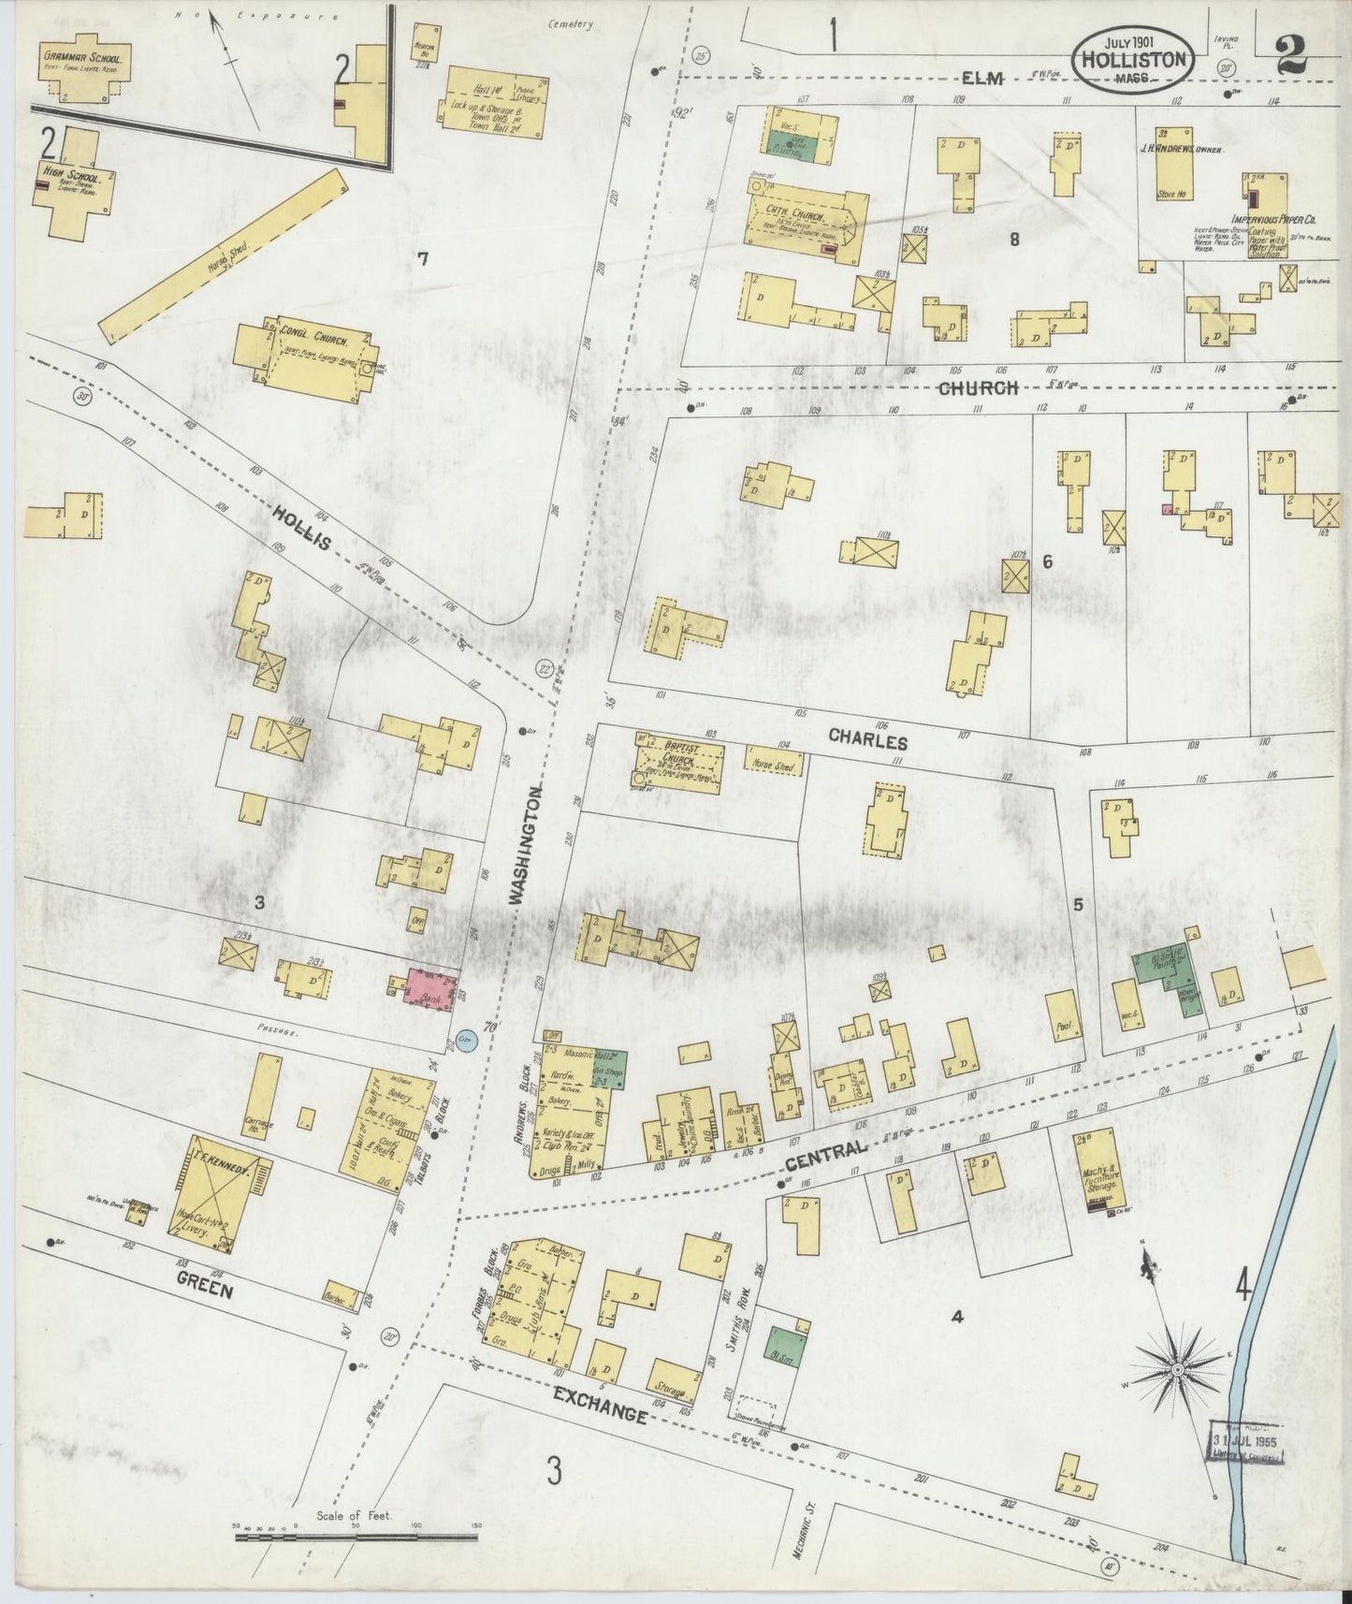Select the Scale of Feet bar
pos(356,1535)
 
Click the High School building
pos(78,182)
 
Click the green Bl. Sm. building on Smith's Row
pos(783,1348)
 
